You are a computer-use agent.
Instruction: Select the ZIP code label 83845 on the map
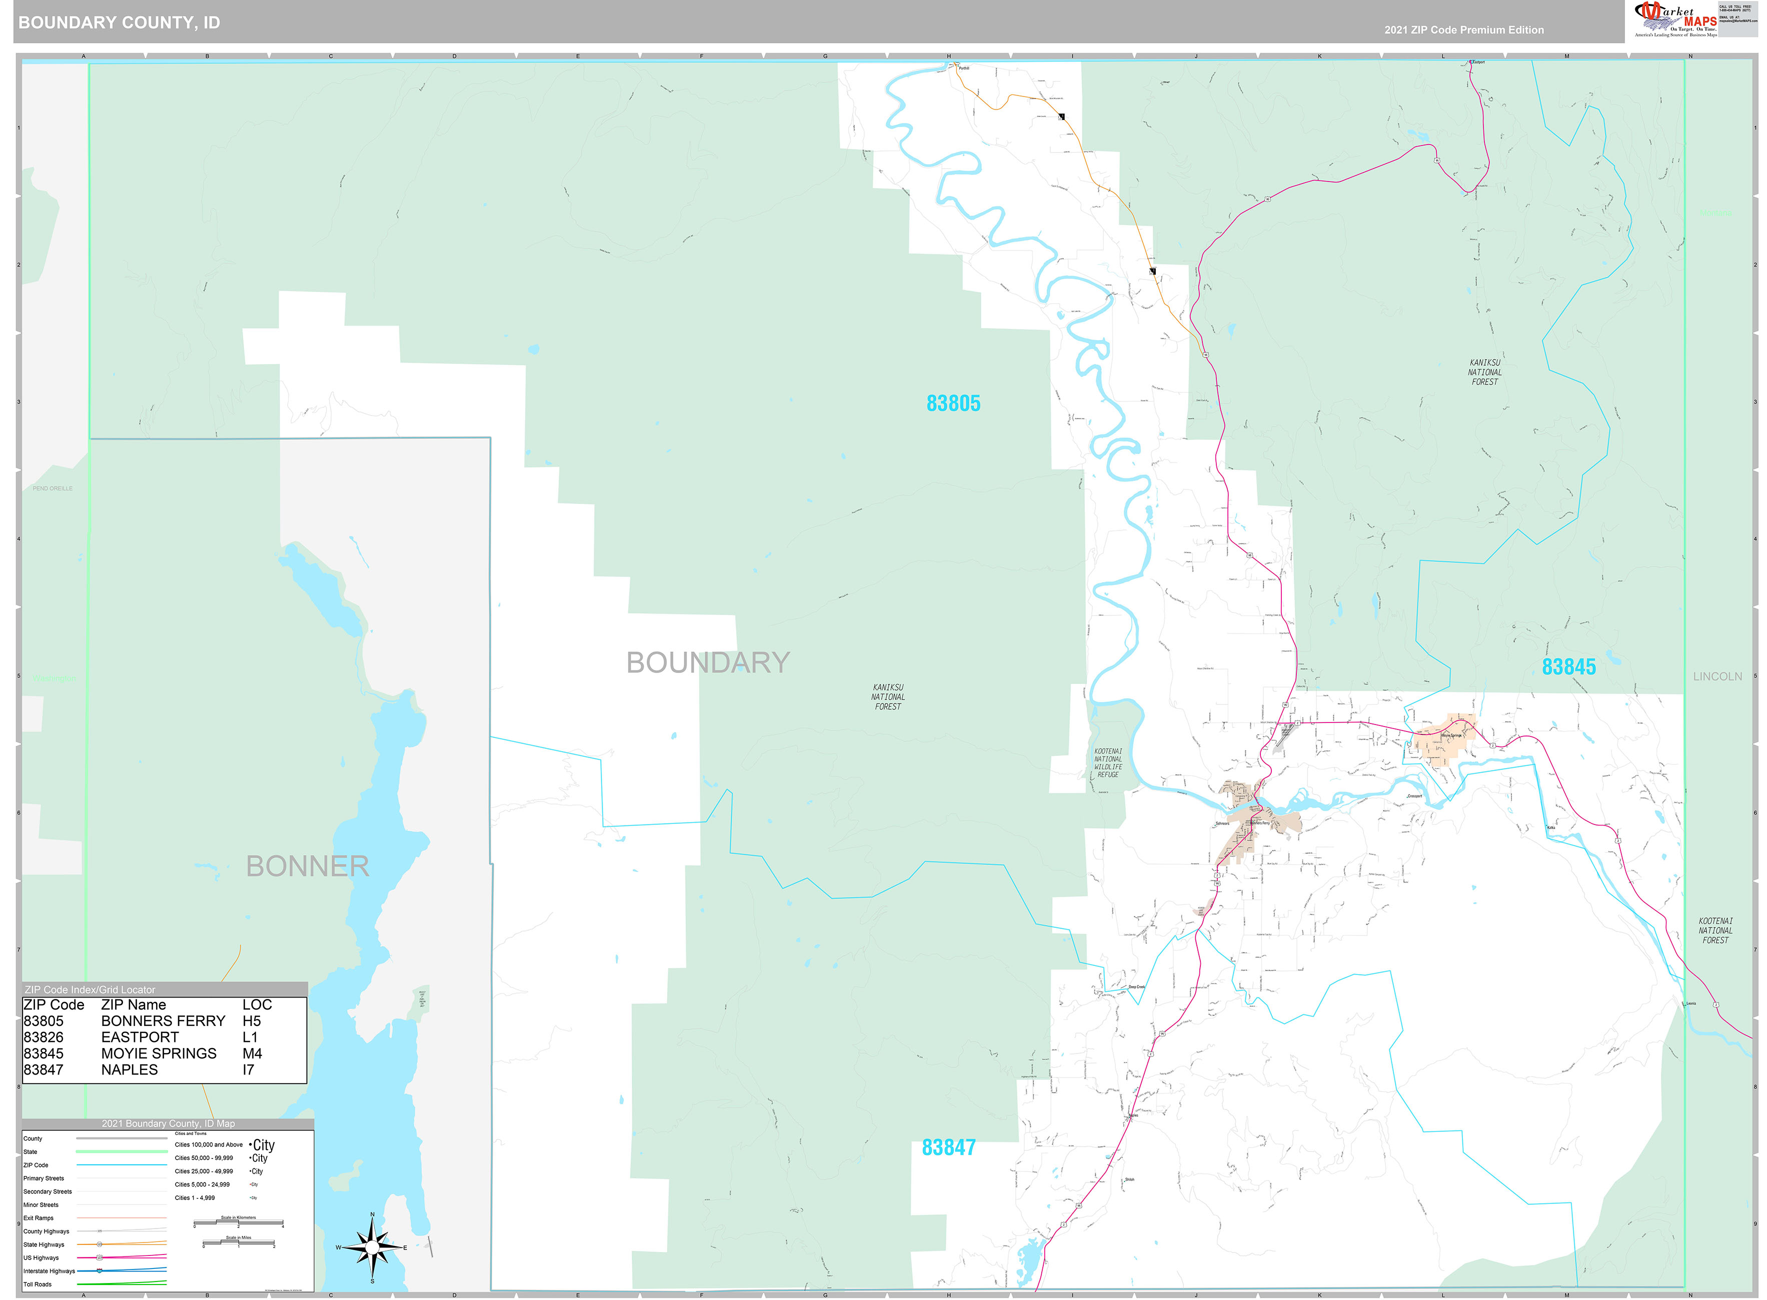coord(1568,667)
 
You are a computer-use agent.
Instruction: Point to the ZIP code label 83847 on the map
coord(948,1148)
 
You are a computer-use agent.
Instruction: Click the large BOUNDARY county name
coord(708,662)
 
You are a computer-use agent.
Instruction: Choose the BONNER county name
coord(307,866)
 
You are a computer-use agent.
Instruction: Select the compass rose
coord(372,1247)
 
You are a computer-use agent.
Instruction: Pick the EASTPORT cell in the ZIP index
coord(140,1037)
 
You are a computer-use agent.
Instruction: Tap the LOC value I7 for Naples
coord(248,1070)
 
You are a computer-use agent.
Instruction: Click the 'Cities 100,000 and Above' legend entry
coord(209,1145)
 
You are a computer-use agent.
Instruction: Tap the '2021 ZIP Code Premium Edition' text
coord(1463,30)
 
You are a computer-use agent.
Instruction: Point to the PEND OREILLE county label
coord(53,488)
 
